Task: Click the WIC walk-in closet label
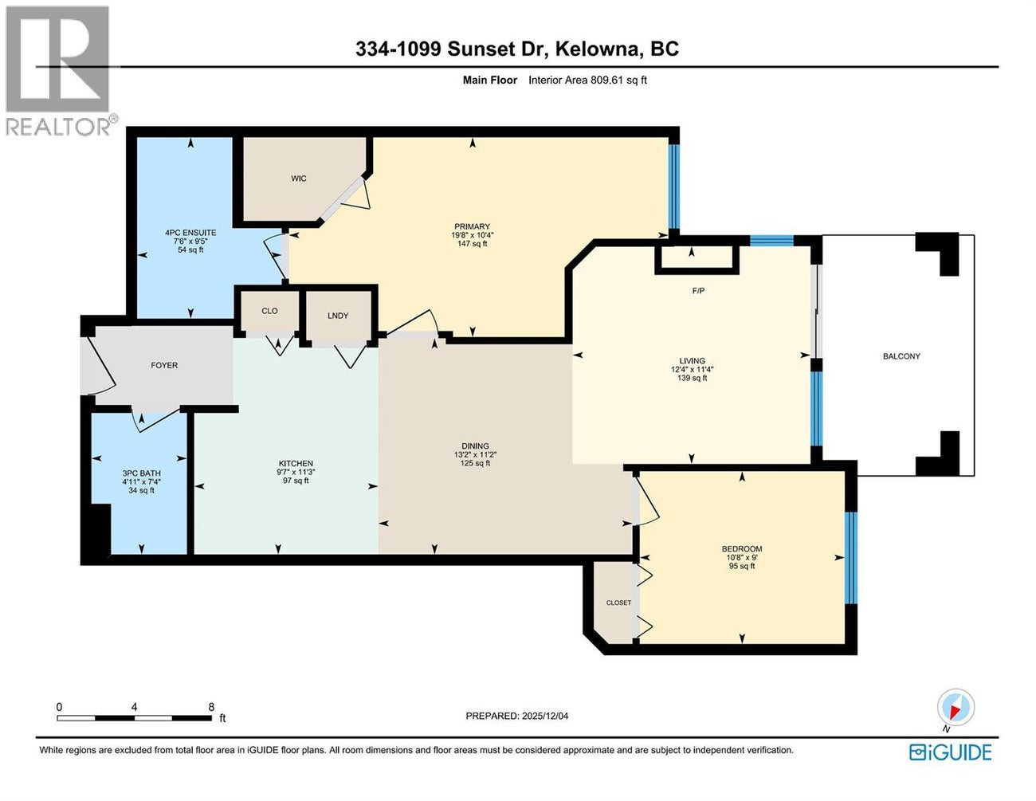tap(299, 179)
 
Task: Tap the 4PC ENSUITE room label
tap(190, 233)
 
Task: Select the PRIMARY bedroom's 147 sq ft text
tap(472, 244)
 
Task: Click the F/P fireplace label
tap(698, 291)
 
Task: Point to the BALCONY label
tap(901, 356)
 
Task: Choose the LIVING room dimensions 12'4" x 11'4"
tap(692, 370)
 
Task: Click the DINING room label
tap(475, 446)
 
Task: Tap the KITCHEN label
tap(296, 464)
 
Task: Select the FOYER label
tap(164, 365)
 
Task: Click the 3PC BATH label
tap(141, 473)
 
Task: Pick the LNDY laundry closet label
tap(338, 316)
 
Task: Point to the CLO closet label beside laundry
tap(269, 311)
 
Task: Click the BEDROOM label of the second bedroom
tap(742, 549)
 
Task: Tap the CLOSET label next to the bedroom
tap(618, 603)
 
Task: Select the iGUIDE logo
tap(951, 752)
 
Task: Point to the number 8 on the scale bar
tap(211, 707)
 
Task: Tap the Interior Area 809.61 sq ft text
tap(588, 80)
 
